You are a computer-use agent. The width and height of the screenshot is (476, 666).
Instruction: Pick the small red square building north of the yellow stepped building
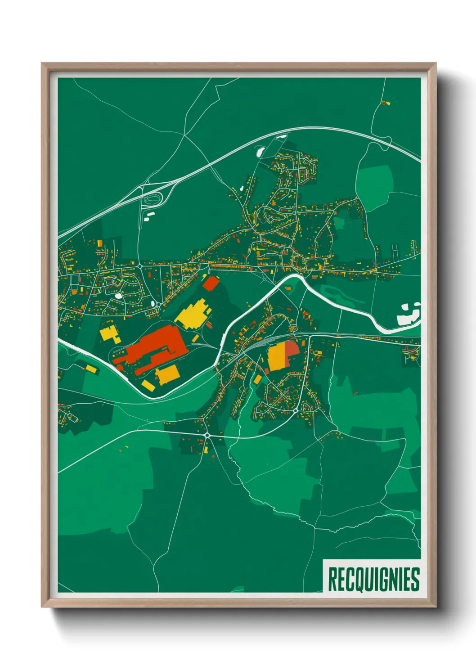(x=210, y=283)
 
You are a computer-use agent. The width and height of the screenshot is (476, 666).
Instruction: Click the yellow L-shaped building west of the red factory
(x=109, y=334)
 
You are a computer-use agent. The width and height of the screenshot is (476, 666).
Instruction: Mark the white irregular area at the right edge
(x=408, y=314)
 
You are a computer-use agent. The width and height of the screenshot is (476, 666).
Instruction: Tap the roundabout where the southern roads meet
(x=207, y=435)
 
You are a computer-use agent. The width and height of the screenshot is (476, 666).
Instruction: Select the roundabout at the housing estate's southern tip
(x=295, y=411)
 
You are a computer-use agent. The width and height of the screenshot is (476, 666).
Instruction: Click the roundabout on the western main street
(x=140, y=266)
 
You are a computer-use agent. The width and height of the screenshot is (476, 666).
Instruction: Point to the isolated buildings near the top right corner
(x=386, y=103)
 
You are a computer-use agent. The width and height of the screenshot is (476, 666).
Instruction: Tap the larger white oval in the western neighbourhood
(x=118, y=296)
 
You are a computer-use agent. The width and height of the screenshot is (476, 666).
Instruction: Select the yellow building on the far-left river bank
(x=91, y=369)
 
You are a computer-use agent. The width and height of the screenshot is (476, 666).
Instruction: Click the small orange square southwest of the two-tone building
(x=257, y=380)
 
